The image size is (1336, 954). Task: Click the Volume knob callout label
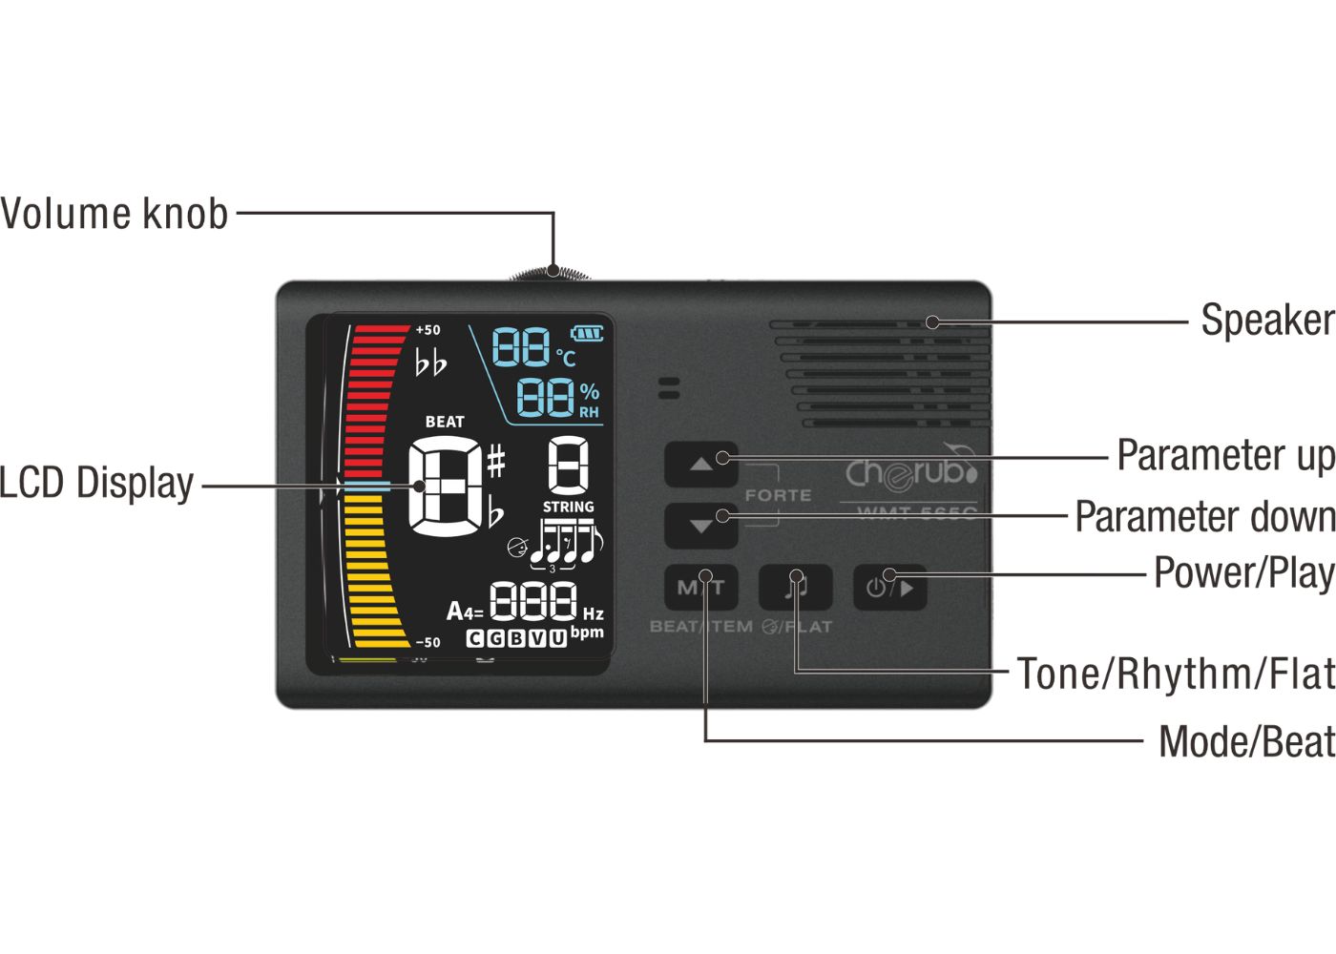115,214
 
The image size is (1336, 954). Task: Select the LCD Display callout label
96,484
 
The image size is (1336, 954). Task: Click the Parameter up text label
1225,456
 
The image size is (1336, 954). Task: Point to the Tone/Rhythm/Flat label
1175,674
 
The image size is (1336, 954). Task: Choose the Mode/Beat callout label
1246,742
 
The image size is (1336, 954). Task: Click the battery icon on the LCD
587,333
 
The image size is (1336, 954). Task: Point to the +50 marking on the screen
428,330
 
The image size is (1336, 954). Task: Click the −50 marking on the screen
428,642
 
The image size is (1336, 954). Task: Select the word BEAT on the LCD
445,422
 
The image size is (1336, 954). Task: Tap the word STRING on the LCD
568,507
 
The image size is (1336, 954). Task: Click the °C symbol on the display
567,358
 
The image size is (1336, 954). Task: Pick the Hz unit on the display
593,613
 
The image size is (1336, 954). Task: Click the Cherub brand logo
911,472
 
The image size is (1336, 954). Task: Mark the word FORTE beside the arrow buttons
778,496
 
